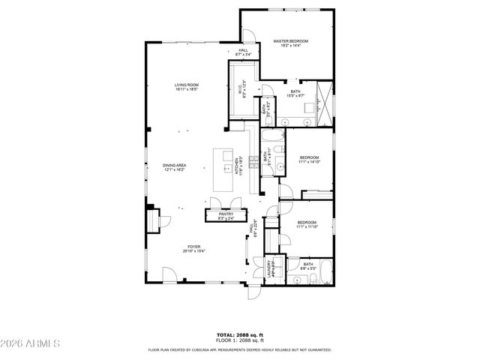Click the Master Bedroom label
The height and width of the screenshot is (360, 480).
[x=290, y=41]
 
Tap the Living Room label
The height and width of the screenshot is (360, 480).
[x=186, y=86]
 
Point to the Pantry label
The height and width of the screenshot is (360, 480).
[x=226, y=215]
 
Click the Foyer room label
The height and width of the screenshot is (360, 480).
[x=193, y=246]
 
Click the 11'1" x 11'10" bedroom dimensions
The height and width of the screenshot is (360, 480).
[x=307, y=226]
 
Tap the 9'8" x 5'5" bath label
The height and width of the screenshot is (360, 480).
[x=308, y=268]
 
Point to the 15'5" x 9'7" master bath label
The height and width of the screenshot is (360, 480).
[x=295, y=95]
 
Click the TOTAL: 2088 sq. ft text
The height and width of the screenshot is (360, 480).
[x=239, y=335]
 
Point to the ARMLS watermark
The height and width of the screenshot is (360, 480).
[x=31, y=343]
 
